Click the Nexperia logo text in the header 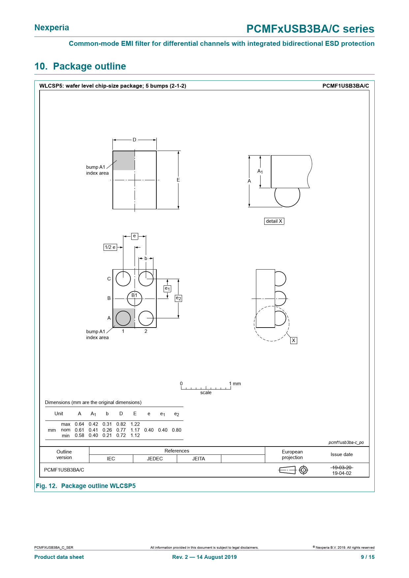52,28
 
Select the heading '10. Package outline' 80,66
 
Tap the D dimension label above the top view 135,140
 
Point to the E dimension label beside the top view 178,180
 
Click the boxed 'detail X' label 274,221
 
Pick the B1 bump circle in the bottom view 135,298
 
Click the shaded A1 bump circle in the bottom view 123,318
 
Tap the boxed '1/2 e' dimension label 110,247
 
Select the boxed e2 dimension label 178,298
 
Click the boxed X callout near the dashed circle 294,340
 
